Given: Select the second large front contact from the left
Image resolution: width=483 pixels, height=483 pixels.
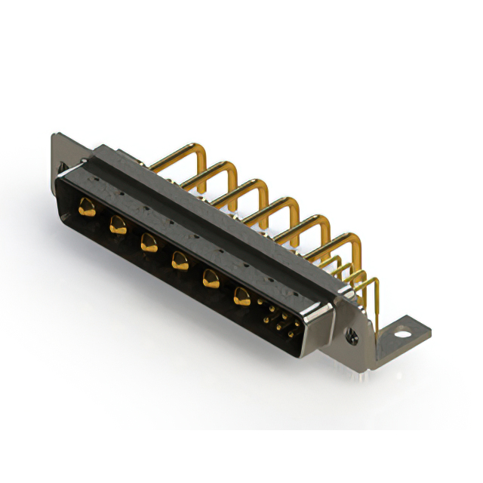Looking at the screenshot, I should (x=117, y=224).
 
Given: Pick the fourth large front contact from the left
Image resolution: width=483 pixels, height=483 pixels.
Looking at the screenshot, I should (x=179, y=261).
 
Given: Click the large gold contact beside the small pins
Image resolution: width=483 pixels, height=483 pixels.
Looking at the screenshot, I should (x=241, y=297).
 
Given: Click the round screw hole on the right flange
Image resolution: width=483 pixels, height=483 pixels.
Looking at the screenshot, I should (x=349, y=331).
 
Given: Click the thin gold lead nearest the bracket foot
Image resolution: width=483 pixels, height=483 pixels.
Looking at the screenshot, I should (x=374, y=291).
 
